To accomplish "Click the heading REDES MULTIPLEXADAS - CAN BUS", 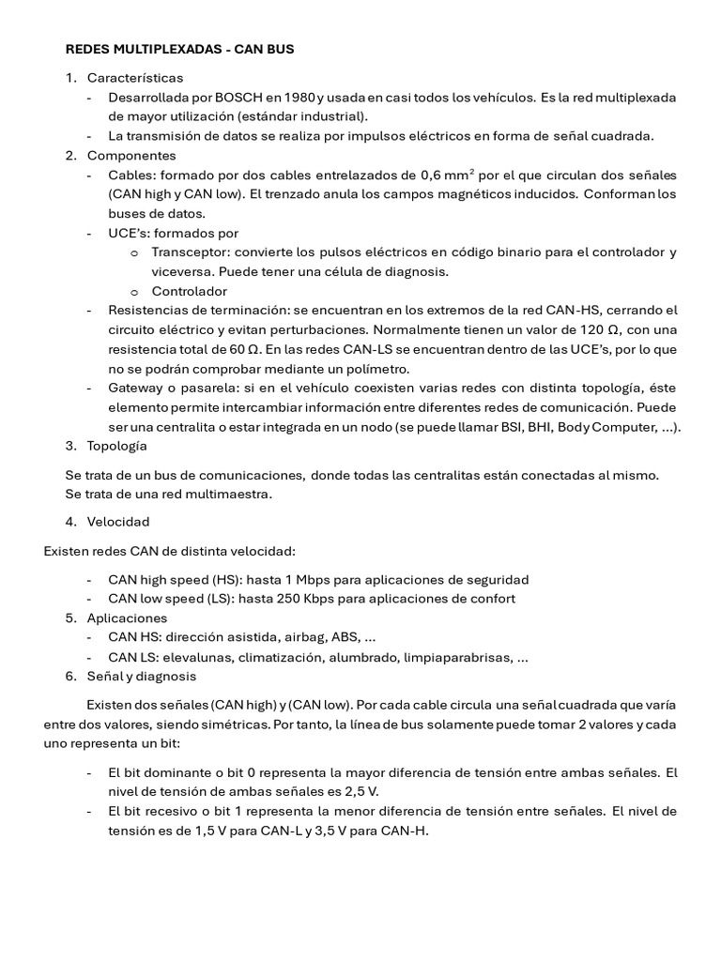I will (179, 47).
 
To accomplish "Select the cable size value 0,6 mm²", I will (447, 175).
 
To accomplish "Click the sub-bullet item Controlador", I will (189, 291).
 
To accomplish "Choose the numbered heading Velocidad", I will (117, 522).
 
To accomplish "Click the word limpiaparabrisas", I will (453, 657).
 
